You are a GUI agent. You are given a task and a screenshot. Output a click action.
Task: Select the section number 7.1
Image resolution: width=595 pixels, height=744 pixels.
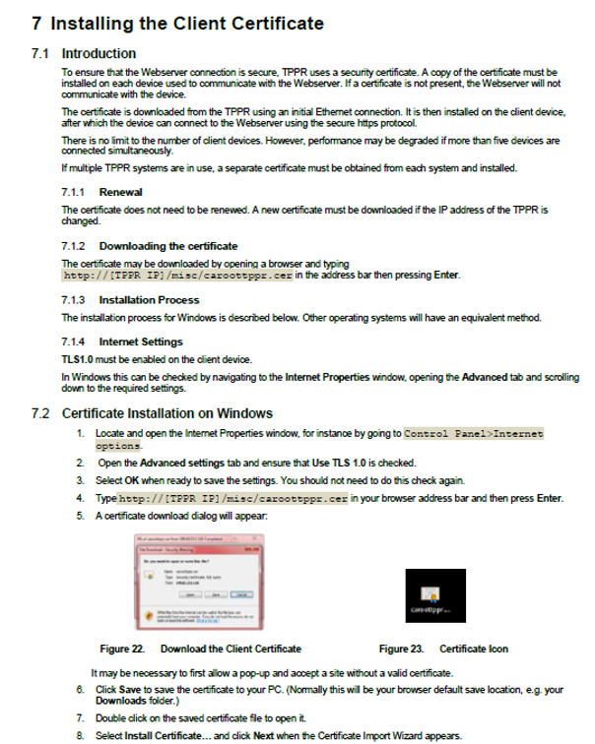tap(40, 53)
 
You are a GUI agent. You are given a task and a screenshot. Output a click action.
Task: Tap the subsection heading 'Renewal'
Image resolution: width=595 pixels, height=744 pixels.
tap(121, 192)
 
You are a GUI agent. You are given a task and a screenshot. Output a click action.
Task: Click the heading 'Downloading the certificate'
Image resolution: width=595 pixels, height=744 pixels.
tap(168, 246)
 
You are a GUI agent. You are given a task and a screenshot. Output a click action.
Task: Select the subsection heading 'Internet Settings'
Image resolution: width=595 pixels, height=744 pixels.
tap(141, 341)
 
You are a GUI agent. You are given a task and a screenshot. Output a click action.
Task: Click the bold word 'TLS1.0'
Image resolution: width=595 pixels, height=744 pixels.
tap(78, 359)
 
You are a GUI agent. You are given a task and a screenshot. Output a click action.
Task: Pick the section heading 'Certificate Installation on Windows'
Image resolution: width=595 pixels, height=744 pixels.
tap(166, 412)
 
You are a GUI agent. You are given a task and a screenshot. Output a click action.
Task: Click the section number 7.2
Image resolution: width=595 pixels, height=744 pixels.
tap(40, 412)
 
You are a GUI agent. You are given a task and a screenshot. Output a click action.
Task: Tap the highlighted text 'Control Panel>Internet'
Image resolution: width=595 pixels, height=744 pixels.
tap(475, 433)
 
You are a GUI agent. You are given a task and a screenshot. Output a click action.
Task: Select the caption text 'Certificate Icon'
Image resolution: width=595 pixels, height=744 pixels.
tap(474, 650)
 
